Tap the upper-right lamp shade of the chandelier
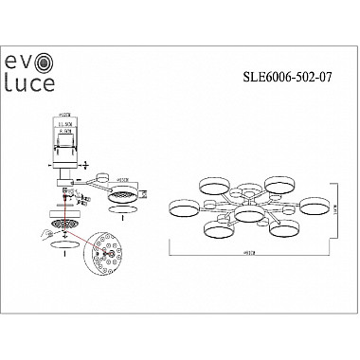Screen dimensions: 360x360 [x=278, y=184]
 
